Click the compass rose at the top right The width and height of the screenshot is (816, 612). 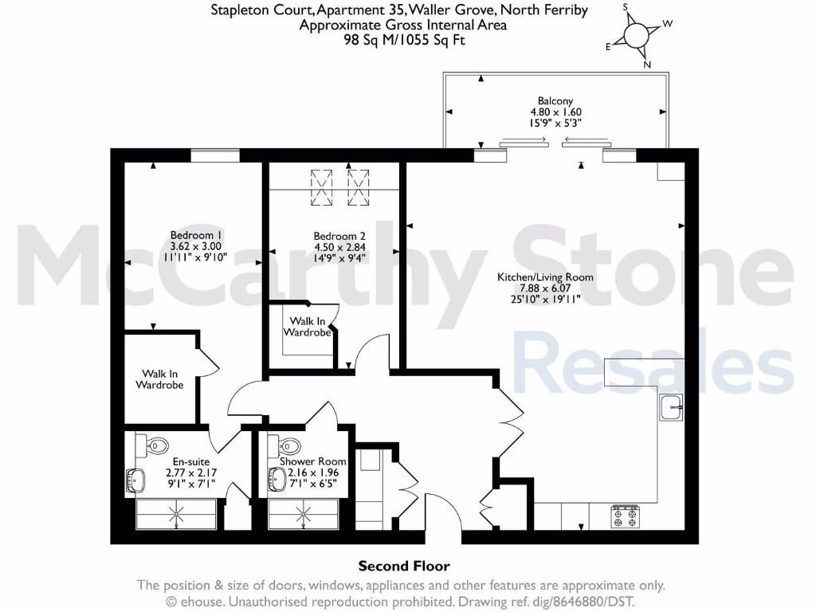tap(637, 36)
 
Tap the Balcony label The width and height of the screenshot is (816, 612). tap(555, 101)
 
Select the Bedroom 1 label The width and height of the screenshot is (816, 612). tap(196, 235)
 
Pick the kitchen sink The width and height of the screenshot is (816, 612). tap(671, 407)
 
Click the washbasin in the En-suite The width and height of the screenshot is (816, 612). tap(133, 481)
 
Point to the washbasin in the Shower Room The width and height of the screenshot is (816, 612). tap(277, 480)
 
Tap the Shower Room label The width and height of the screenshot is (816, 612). tap(312, 461)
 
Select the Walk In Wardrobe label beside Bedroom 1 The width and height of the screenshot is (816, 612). tap(163, 379)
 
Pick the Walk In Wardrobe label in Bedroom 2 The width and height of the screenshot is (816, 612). tap(310, 327)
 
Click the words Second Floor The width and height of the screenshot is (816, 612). tap(404, 566)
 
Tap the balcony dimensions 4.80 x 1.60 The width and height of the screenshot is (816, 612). tap(555, 112)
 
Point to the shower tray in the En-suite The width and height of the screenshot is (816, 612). tap(177, 515)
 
